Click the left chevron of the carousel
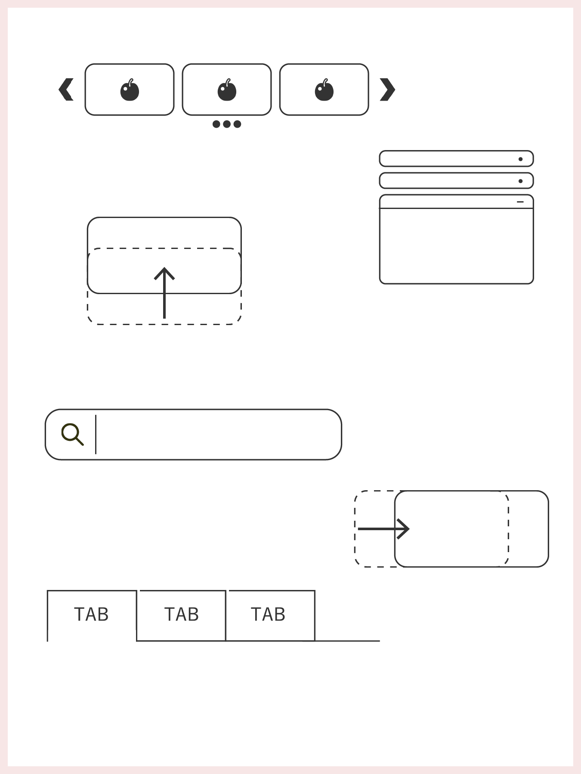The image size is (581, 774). coord(66,89)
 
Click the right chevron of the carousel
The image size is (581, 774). coord(387,89)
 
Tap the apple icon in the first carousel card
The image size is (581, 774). coord(130,90)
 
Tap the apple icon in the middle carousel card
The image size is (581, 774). coord(227,90)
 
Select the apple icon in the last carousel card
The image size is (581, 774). coord(324,90)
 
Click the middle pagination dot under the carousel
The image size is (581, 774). coord(227,124)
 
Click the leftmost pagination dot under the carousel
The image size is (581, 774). coord(216,124)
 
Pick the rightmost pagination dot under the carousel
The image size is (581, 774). coord(237,124)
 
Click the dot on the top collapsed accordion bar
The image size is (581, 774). coord(520,159)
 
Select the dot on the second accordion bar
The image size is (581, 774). coord(520,181)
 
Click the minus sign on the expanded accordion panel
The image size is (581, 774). coord(520,202)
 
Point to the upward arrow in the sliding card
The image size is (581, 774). coord(164,293)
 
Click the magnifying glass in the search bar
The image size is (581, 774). coord(72,434)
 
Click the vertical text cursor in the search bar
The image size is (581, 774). coord(96,434)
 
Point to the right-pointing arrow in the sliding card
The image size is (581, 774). coord(383,529)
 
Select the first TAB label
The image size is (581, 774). coord(91,614)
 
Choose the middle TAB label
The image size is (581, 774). coord(182,614)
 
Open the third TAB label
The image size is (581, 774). coord(268,614)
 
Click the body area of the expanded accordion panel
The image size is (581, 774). coord(456,246)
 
